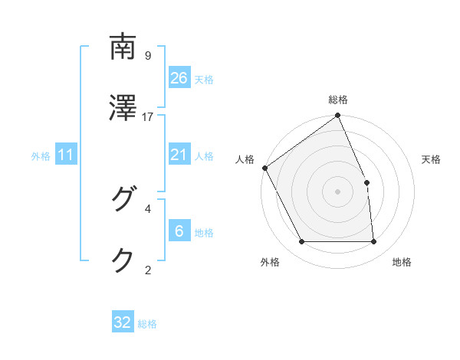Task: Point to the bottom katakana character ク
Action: pos(123,260)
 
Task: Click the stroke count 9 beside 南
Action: pos(147,55)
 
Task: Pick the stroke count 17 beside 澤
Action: pos(148,116)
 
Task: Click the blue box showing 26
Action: pos(179,77)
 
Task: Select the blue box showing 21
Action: pos(179,155)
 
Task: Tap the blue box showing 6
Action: pos(179,231)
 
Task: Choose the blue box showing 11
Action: pos(66,155)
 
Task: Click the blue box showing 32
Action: pos(123,322)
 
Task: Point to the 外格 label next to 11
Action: pos(41,156)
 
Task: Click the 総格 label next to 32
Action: pos(147,324)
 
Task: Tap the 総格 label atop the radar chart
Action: pos(338,100)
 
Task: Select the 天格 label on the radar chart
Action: pos(432,159)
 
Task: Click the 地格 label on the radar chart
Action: pos(402,263)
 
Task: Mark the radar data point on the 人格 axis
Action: pos(264,168)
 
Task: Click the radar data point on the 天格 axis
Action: pos(366,182)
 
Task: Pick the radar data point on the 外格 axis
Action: pos(301,242)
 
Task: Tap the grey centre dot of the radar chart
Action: pos(337,191)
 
